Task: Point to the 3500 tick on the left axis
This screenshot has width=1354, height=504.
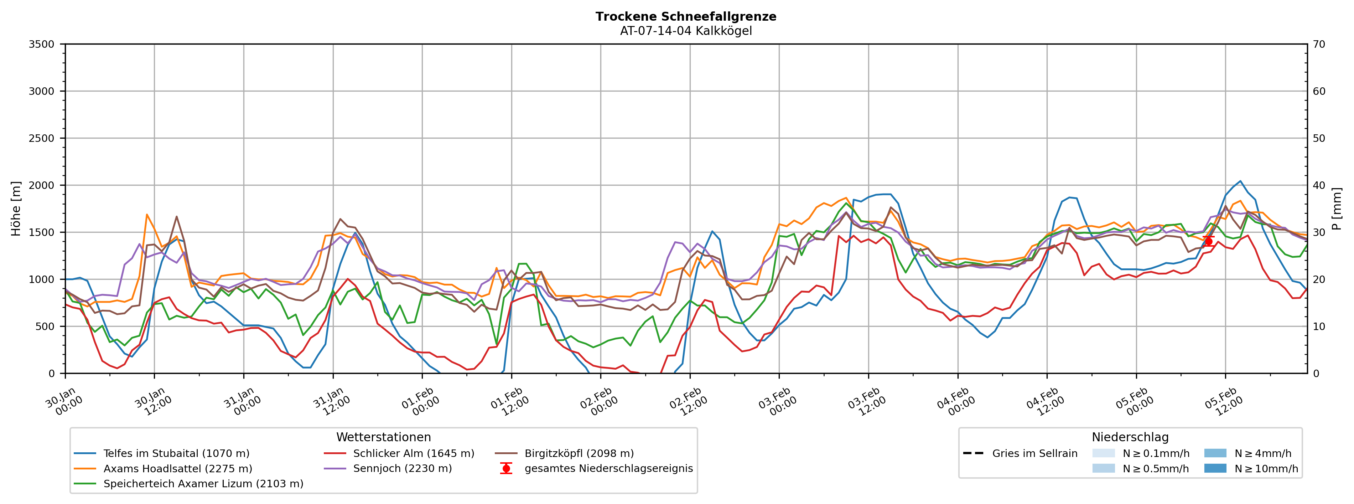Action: coord(42,45)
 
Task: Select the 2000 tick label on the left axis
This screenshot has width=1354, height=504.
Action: coord(42,186)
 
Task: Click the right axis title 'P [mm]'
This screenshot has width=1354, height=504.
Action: coord(1337,209)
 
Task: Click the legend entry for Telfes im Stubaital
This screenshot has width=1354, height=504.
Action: coord(176,453)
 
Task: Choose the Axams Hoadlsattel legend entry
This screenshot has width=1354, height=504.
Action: coord(178,469)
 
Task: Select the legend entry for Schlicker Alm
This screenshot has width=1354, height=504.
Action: coord(413,453)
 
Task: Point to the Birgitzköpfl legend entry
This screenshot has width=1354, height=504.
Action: coord(579,453)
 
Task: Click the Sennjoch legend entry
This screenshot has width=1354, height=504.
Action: coord(402,469)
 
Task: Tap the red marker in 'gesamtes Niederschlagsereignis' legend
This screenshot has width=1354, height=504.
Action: coord(506,469)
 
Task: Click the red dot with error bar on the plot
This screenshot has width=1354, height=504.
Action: coord(1208,241)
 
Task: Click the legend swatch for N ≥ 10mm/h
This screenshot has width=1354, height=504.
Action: coord(1215,469)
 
